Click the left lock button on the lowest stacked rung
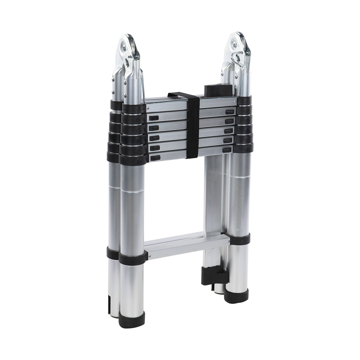(x=154, y=158)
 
